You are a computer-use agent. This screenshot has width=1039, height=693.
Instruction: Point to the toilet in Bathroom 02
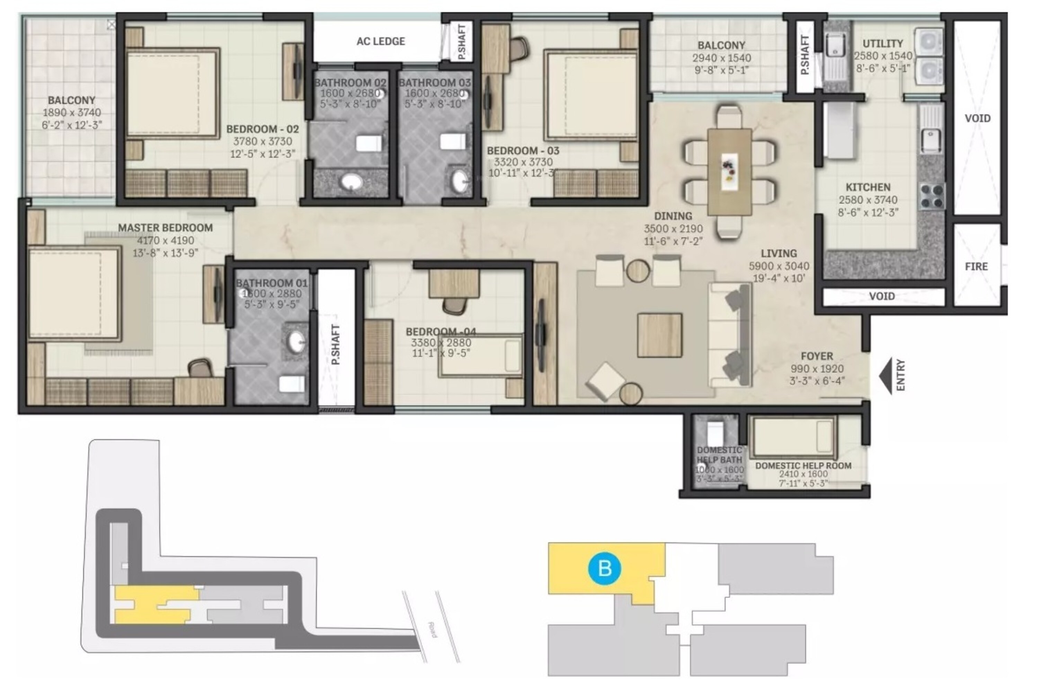pyautogui.click(x=368, y=143)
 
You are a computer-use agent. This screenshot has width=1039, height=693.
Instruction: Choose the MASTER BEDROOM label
pyautogui.click(x=165, y=228)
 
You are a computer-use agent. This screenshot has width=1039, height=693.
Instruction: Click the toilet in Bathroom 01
pyautogui.click(x=292, y=384)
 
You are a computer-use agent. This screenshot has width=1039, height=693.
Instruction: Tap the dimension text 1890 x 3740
pyautogui.click(x=72, y=113)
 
